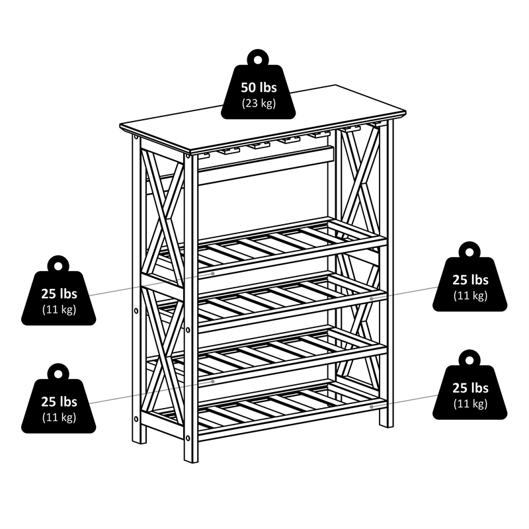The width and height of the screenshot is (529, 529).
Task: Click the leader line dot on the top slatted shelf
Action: tap(213, 272)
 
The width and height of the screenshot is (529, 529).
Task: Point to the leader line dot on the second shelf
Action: tap(372, 298)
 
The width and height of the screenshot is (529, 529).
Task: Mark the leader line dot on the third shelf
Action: tap(213, 381)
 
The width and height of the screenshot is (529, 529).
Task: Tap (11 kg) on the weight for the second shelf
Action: tap(470, 296)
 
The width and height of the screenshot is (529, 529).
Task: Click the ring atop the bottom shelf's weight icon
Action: tap(469, 358)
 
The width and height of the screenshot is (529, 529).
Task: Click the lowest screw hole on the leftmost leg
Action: tap(136, 418)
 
